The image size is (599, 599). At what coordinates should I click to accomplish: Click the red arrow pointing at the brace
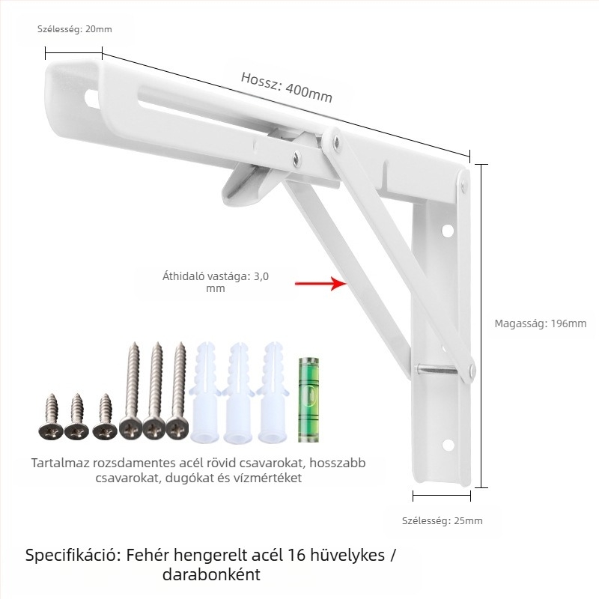coord(321,284)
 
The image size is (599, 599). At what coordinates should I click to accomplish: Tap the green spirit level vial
coord(308,400)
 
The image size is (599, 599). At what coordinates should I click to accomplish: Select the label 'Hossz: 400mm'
coord(287,88)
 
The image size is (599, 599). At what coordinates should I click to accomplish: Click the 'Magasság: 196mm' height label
coord(540,323)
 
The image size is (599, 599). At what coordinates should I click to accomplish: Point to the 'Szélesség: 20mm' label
coord(74,29)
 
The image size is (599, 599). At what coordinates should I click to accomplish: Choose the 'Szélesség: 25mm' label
coord(442,520)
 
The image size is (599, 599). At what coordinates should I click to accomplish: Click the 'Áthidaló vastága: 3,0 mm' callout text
coord(216,282)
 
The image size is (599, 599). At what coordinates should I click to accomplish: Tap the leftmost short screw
coord(50,417)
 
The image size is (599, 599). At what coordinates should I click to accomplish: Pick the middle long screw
coord(155,391)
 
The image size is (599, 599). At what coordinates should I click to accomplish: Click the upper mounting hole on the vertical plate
coord(447,231)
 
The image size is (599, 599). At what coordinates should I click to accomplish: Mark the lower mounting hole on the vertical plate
coord(448,445)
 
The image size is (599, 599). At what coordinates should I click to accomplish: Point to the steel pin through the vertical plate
coord(437,369)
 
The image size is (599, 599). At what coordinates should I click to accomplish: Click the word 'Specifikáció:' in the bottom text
coord(73,556)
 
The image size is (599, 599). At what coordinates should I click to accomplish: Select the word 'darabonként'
coord(211,574)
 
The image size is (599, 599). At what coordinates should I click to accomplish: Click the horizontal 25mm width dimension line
coord(442,496)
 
